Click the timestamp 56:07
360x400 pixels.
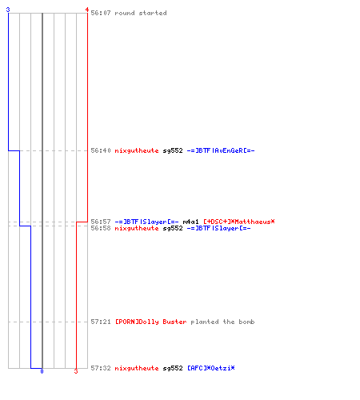click(101, 13)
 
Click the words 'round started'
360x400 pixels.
click(141, 13)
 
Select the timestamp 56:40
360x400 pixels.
click(101, 150)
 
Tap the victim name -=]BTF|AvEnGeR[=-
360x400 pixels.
click(221, 150)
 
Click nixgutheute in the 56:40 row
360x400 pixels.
click(137, 150)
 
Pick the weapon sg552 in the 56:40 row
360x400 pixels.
click(173, 150)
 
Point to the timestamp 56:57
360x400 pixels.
click(101, 222)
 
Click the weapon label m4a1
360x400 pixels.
click(190, 222)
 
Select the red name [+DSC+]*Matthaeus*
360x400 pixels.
click(239, 222)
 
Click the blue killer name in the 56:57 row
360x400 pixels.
click(146, 222)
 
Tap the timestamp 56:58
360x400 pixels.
click(101, 228)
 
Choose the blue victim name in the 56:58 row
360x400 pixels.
click(218, 228)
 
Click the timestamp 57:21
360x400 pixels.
click(101, 322)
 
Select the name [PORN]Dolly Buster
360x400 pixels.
click(150, 322)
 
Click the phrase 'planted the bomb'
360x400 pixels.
click(222, 322)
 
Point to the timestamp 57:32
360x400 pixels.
click(101, 368)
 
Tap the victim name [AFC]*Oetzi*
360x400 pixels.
click(211, 368)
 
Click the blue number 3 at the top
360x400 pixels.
click(8, 10)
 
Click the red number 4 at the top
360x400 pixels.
click(87, 10)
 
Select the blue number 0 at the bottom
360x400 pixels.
click(42, 371)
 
